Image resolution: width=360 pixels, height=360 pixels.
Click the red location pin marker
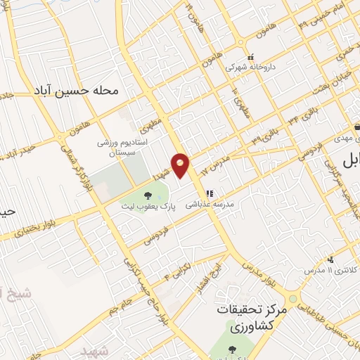pos(181,165)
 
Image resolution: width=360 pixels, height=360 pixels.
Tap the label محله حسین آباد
pos(72,91)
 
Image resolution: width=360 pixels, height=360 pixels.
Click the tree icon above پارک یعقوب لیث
pos(148,195)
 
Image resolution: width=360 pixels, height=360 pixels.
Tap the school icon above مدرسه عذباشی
pos(209,194)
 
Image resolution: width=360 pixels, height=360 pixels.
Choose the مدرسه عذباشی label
pos(210,207)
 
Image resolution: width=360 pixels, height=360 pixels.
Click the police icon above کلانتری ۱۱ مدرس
pos(330,259)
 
